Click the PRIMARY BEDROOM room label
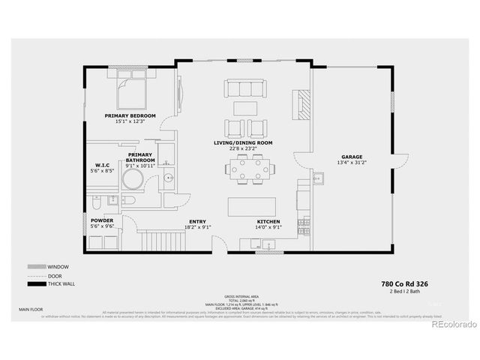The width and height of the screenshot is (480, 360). [x=130, y=115]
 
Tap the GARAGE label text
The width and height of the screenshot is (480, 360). [x=352, y=157]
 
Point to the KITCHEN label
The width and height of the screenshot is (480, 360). [x=268, y=222]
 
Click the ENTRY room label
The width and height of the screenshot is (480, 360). [x=197, y=222]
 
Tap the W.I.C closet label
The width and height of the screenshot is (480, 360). [x=103, y=165]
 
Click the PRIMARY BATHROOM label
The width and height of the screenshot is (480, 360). [x=140, y=157]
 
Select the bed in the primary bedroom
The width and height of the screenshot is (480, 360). [x=130, y=94]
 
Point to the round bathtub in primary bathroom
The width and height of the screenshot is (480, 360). [x=133, y=180]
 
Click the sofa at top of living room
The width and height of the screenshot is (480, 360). [x=245, y=89]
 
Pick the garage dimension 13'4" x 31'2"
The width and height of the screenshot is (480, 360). [x=352, y=163]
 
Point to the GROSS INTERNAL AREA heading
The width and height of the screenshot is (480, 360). [x=239, y=287]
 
